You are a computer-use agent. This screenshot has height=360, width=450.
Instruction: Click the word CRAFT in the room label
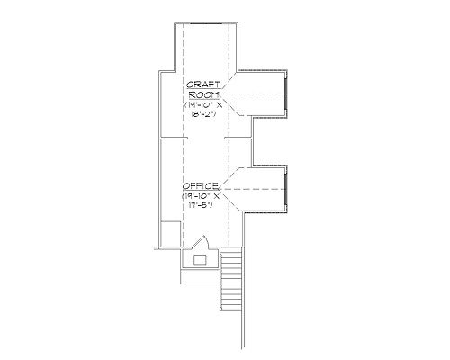tap(203, 85)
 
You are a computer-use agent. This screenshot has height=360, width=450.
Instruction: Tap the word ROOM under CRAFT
tap(204, 94)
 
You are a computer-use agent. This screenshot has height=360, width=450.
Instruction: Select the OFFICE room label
tap(201, 186)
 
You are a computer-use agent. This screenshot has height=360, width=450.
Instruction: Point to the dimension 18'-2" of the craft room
tap(203, 113)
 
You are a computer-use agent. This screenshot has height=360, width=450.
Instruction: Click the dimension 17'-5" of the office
tap(201, 205)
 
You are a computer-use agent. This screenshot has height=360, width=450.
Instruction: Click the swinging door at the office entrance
tap(200, 242)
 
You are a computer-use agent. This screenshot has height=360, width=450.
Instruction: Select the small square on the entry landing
tap(200, 260)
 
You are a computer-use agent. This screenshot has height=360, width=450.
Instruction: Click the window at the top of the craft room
tap(206, 22)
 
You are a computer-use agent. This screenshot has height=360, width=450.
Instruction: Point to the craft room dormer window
tap(286, 94)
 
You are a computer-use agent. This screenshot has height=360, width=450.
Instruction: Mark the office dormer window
tap(286, 189)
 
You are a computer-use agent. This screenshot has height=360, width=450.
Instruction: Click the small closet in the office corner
tap(171, 234)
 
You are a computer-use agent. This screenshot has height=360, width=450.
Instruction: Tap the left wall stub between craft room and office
tap(174, 139)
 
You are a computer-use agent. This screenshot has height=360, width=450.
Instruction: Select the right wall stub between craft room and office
tap(238, 139)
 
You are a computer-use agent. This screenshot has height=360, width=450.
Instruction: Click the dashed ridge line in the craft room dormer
tap(253, 94)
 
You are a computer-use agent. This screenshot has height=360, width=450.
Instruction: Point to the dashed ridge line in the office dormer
tap(252, 189)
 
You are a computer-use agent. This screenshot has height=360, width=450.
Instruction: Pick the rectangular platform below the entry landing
tap(201, 276)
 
